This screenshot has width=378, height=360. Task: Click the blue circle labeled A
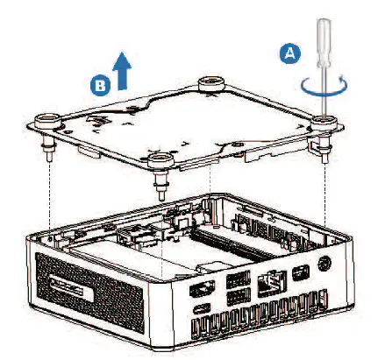point(290,53)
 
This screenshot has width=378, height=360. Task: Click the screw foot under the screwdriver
point(325,140)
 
